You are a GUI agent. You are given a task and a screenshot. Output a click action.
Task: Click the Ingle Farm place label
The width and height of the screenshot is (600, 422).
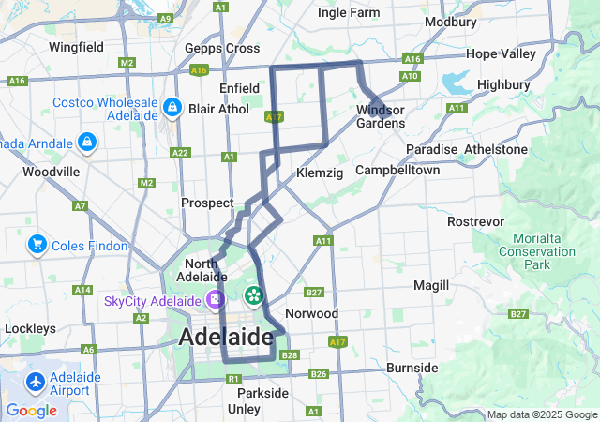(349, 12)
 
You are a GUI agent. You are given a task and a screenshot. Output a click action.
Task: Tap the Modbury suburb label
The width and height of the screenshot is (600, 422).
(450, 22)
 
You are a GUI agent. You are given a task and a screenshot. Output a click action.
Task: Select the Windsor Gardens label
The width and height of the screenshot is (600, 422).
(381, 116)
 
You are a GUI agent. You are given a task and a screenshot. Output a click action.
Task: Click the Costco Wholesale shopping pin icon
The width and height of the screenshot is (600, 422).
(172, 108)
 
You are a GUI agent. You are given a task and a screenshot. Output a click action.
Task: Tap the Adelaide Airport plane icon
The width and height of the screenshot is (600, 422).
(36, 383)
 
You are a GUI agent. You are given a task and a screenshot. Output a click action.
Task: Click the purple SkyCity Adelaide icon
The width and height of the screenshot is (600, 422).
(217, 300)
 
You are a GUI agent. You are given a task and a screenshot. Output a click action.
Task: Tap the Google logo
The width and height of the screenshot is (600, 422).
(31, 410)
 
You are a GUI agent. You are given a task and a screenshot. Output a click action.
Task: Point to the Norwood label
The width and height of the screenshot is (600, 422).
(311, 313)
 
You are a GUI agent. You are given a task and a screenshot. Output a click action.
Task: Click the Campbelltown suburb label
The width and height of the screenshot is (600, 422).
(397, 171)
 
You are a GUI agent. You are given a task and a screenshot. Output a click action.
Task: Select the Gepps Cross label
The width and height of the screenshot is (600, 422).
(222, 48)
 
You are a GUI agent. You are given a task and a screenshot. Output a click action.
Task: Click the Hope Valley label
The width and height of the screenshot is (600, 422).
(501, 53)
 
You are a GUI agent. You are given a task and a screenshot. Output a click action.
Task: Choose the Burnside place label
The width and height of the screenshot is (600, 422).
(412, 367)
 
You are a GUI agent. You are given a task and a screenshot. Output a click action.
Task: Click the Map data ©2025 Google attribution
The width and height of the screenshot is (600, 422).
(541, 414)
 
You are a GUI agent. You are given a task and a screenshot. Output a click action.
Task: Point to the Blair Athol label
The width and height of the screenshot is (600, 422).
(218, 109)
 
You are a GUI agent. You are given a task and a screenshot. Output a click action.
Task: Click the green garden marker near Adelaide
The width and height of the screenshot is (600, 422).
(253, 296)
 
